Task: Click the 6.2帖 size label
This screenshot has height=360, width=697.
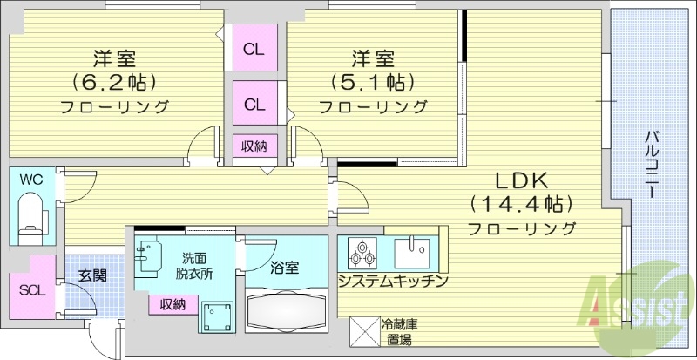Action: [x=114, y=84]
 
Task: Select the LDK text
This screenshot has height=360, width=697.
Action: [x=521, y=181]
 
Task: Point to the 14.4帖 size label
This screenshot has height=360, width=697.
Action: [x=521, y=205]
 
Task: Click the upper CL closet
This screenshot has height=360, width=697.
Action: [x=254, y=49]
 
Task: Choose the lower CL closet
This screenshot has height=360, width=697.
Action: [x=254, y=105]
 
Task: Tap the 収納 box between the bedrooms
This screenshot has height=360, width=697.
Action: [x=254, y=146]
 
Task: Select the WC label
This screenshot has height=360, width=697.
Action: [x=31, y=180]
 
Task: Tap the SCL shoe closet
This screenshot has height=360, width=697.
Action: [x=30, y=290]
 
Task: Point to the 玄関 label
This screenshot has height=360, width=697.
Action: [x=91, y=275]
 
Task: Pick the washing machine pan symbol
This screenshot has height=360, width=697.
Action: [x=214, y=319]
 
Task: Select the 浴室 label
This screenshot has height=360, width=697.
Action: [x=284, y=268]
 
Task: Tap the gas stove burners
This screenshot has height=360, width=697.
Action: [x=362, y=253]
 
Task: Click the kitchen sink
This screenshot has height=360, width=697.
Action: [x=411, y=252]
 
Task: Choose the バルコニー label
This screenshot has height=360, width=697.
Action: [x=651, y=166]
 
